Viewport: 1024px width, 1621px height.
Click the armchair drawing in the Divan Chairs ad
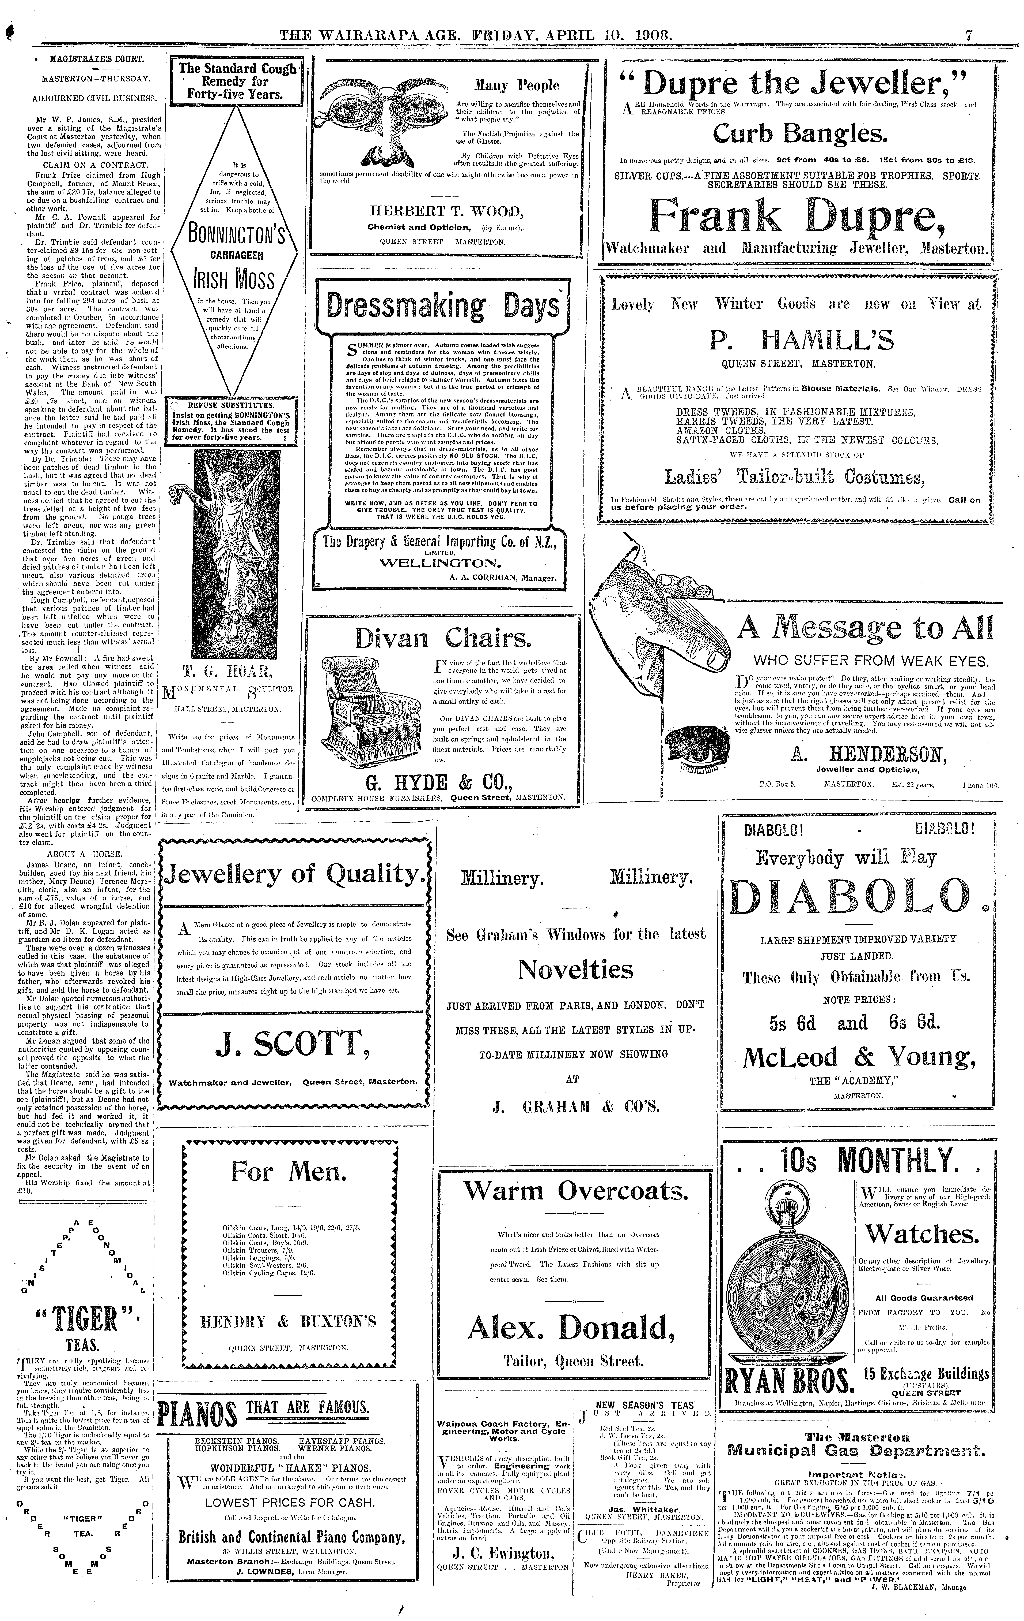pyautogui.click(x=361, y=718)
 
